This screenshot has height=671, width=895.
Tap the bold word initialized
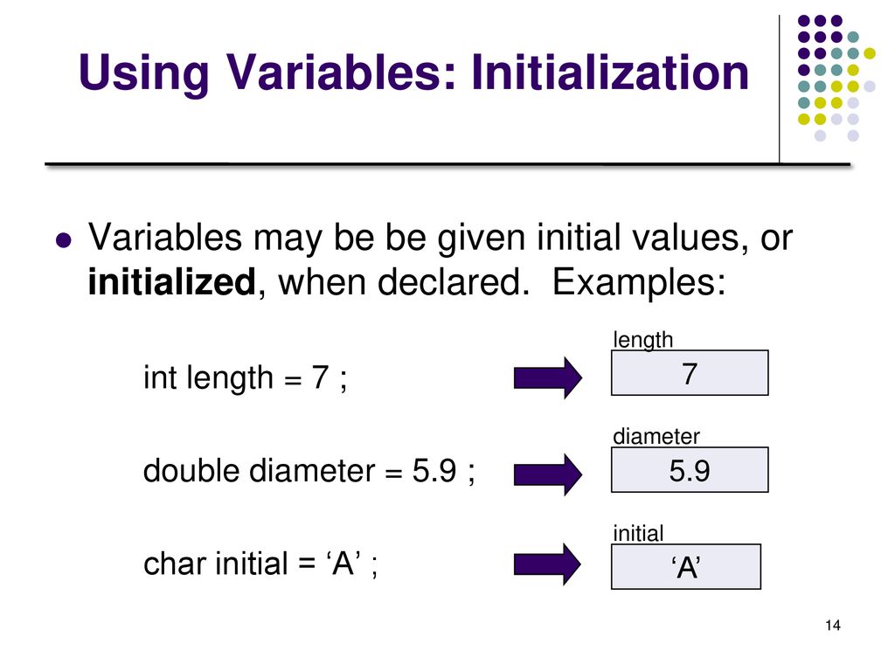171,282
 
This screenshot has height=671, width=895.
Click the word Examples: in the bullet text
639,282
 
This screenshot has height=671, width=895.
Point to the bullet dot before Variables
64,240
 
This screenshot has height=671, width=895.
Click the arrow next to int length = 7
547,377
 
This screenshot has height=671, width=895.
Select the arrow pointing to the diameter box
547,474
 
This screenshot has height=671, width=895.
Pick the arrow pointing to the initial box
547,564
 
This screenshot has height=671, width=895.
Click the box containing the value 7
690,372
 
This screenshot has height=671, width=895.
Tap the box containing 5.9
690,469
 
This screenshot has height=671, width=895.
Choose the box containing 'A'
686,566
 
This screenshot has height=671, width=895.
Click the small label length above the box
642,340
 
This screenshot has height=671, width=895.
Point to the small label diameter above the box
656,437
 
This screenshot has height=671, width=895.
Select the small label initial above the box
638,534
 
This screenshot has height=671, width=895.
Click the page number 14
833,626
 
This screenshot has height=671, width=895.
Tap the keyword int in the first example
160,377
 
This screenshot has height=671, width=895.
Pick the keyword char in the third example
174,564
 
